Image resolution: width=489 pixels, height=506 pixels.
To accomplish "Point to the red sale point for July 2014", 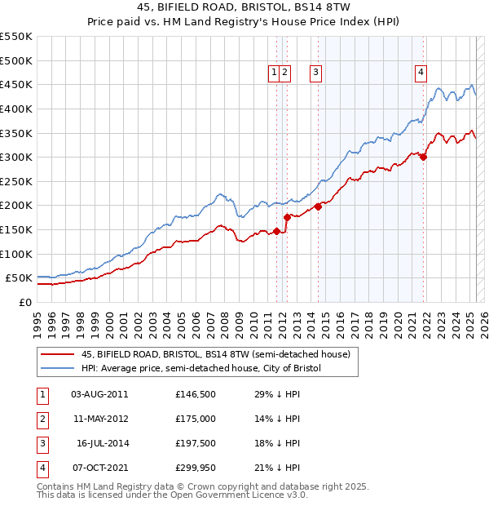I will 319,206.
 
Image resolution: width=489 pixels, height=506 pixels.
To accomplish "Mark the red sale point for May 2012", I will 287,217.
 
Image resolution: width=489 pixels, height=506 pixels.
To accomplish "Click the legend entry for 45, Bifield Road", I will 215,354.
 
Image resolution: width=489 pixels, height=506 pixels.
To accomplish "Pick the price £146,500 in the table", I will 196,394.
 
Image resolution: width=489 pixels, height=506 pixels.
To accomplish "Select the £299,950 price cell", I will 196,468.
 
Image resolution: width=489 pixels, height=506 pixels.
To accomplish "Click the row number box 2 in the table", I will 42,419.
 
